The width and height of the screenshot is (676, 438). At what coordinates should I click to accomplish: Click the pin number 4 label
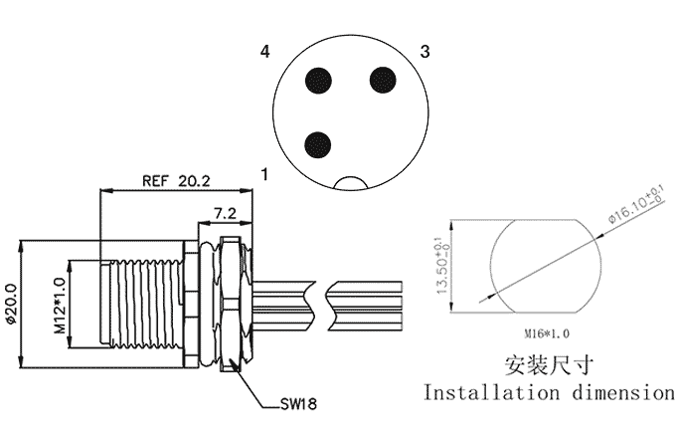point(264,52)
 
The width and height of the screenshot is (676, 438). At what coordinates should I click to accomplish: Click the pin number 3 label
point(425,52)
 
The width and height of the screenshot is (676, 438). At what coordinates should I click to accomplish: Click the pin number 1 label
point(264,174)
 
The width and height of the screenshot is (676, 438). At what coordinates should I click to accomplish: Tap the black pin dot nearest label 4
point(318,81)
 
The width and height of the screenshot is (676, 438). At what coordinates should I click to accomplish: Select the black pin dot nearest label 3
point(383,80)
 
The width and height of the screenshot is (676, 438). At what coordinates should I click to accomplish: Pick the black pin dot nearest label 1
point(318,145)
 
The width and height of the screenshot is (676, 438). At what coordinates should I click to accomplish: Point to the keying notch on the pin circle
point(351,182)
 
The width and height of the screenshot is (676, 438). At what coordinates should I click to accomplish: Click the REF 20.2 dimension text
point(176,181)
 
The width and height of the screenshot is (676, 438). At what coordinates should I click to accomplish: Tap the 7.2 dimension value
point(225,213)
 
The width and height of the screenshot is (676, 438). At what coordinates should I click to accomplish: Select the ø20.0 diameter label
point(10,304)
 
